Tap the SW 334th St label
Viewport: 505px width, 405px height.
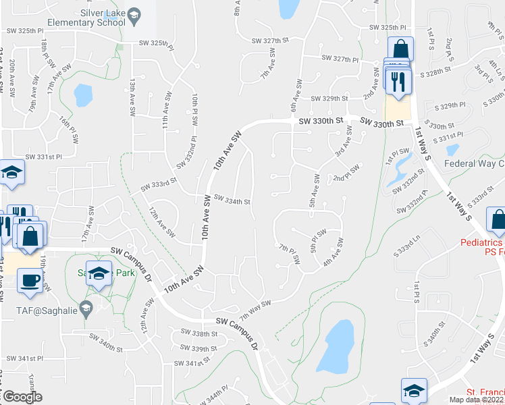pyautogui.click(x=232, y=200)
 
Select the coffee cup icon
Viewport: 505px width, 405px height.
pyautogui.click(x=29, y=280)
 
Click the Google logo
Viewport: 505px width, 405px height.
pyautogui.click(x=22, y=397)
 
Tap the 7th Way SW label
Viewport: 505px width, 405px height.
pyautogui.click(x=255, y=310)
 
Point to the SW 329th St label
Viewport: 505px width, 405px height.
pyautogui.click(x=329, y=98)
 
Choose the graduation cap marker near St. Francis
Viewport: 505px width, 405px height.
pyautogui.click(x=414, y=389)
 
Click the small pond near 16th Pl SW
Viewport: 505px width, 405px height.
pyautogui.click(x=83, y=94)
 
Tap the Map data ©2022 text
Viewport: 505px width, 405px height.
pyautogui.click(x=474, y=400)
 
